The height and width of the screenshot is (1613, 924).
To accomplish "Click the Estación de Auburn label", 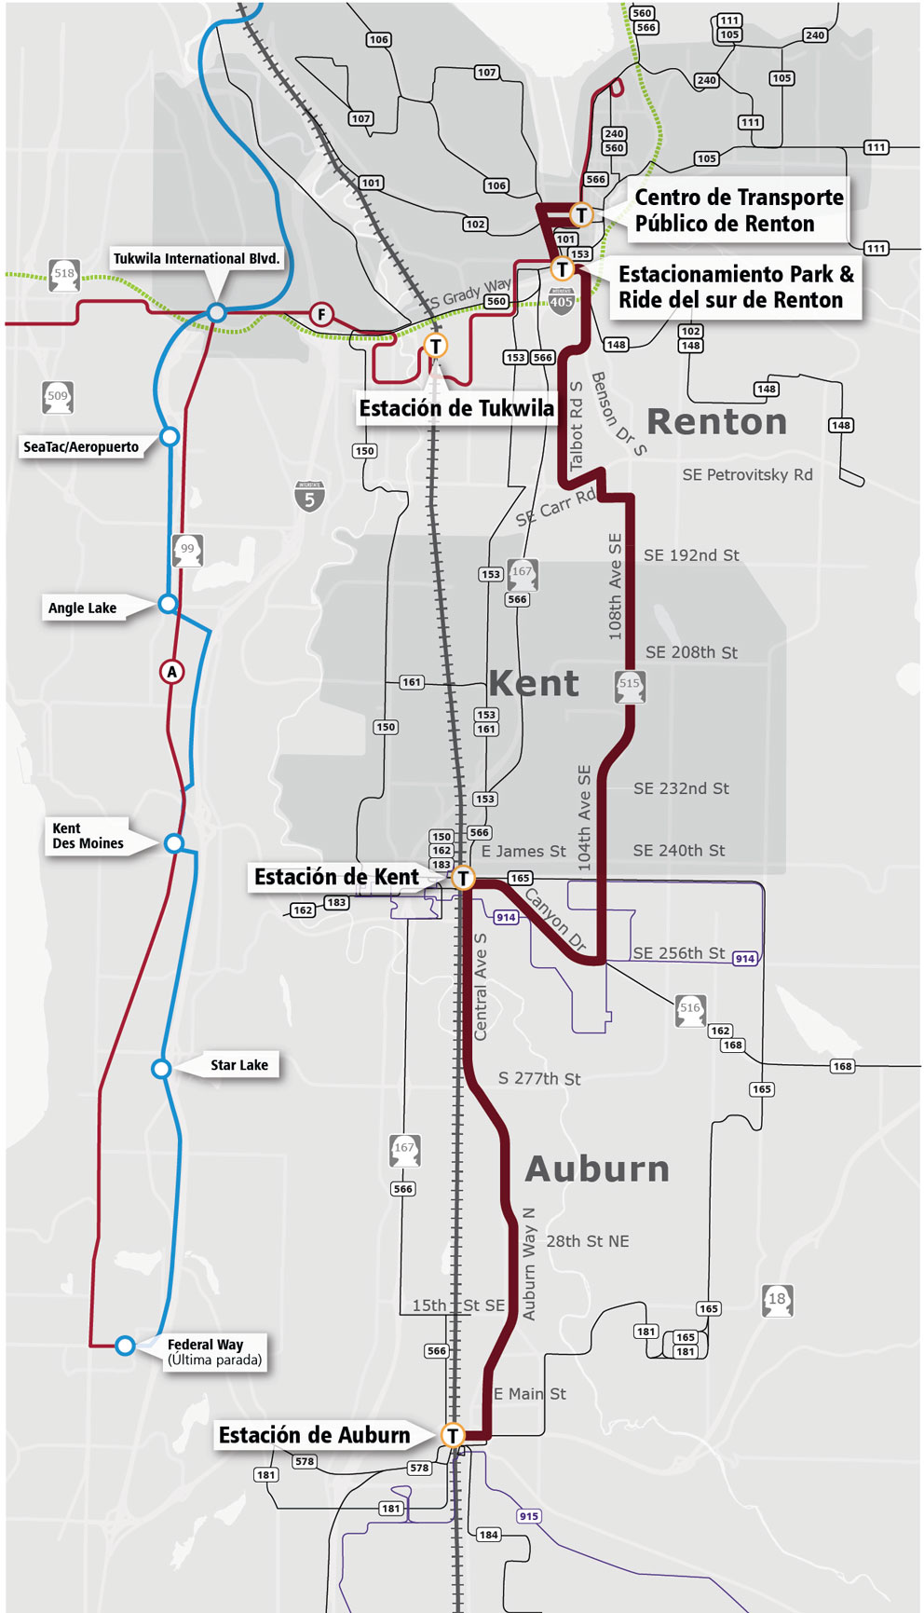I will pos(314,1435).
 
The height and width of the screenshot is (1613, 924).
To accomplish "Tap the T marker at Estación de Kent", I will pos(463,878).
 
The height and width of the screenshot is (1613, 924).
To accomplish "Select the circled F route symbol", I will pos(321,314).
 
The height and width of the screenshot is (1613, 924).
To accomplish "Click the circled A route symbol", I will pos(171,672).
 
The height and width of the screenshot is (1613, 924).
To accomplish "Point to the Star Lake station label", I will pos(238,1065).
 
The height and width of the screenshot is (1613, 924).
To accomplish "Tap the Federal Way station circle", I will pos(125,1345).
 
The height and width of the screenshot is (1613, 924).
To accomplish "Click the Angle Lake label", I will pos(83,608).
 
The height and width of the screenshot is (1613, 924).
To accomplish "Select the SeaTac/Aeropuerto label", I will pos(81,447).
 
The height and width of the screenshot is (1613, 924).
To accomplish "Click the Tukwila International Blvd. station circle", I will pos(216,313).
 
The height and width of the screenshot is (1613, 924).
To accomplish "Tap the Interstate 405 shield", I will pos(561,301).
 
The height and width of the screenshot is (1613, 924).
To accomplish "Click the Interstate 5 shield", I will pos(309,497).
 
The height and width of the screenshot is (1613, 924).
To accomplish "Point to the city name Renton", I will pos(716,422).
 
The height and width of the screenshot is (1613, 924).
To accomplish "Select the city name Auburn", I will pos(597,1169).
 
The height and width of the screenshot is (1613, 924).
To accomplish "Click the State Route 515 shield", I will pos(630,685).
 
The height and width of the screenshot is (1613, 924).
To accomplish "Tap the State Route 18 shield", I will pos(777,1300).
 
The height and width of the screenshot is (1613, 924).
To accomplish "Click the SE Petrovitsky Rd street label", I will pos(747,475).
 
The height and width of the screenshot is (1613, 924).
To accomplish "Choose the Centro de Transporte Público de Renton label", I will pos(739,211).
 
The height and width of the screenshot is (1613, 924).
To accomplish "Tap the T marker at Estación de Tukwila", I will pos(435,346).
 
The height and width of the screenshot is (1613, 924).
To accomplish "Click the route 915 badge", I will pos(529,1516).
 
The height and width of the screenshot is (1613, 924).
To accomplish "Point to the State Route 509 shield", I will pos(58,397).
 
